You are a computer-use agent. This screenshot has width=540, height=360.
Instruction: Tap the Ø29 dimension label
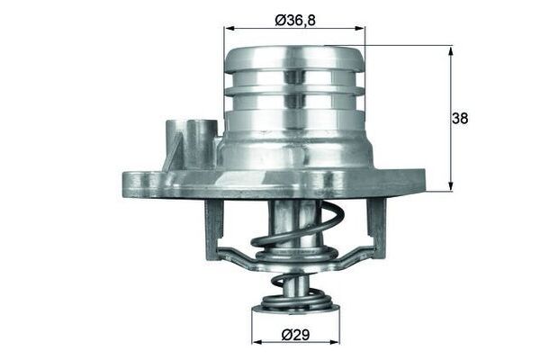pos(294,336)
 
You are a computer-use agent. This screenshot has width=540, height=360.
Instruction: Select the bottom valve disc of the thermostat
pos(294,310)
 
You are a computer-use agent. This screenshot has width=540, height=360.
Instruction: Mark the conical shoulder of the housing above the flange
pos(294,153)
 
